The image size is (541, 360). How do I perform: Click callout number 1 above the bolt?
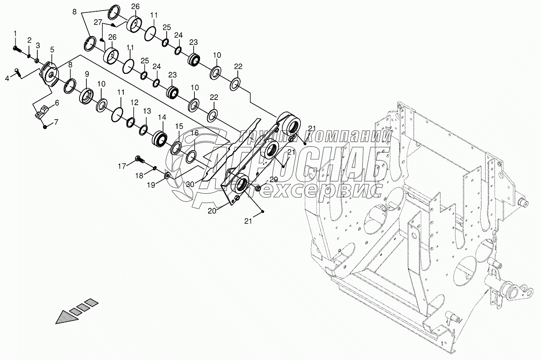tap(15, 32)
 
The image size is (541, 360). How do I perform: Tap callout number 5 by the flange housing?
tap(52, 50)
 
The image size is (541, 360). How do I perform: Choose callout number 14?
tap(161, 118)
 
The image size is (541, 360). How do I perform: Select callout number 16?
tap(194, 133)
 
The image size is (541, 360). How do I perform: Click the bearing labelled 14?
tap(160, 138)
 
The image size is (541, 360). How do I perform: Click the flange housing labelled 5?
tap(50, 74)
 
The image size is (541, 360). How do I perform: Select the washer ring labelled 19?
tap(167, 176)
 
